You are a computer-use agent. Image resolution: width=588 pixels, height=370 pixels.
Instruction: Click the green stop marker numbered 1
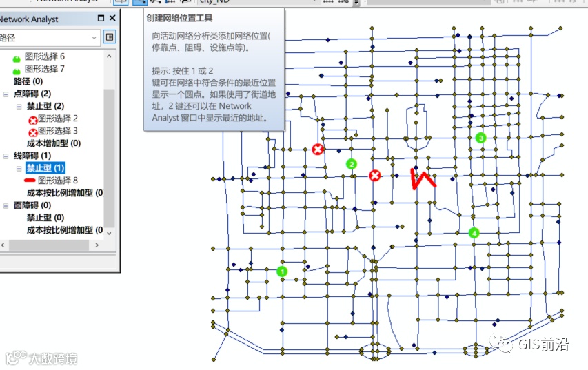pyautogui.click(x=281, y=271)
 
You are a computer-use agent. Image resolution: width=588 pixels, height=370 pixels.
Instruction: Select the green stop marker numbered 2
pyautogui.click(x=352, y=164)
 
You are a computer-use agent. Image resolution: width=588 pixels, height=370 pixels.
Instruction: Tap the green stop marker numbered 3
pyautogui.click(x=481, y=138)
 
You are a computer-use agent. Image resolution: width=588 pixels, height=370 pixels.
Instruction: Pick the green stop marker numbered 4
pyautogui.click(x=474, y=233)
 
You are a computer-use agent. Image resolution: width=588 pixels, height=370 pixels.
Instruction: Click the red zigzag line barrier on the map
pyautogui.click(x=423, y=179)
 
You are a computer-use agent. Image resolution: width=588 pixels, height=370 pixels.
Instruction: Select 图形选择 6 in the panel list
pyautogui.click(x=45, y=56)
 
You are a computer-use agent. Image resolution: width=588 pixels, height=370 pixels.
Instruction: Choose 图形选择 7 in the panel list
pyautogui.click(x=45, y=69)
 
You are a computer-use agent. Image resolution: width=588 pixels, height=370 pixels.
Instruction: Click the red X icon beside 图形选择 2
pyautogui.click(x=32, y=119)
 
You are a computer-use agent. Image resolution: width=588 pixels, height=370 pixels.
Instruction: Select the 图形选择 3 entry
pyautogui.click(x=58, y=131)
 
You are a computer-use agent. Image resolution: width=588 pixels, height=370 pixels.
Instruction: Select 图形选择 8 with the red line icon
pyautogui.click(x=58, y=181)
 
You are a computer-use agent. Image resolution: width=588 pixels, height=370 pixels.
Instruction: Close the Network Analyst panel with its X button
pyautogui.click(x=112, y=19)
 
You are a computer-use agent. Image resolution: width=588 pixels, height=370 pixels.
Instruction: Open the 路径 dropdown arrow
pyautogui.click(x=94, y=37)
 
